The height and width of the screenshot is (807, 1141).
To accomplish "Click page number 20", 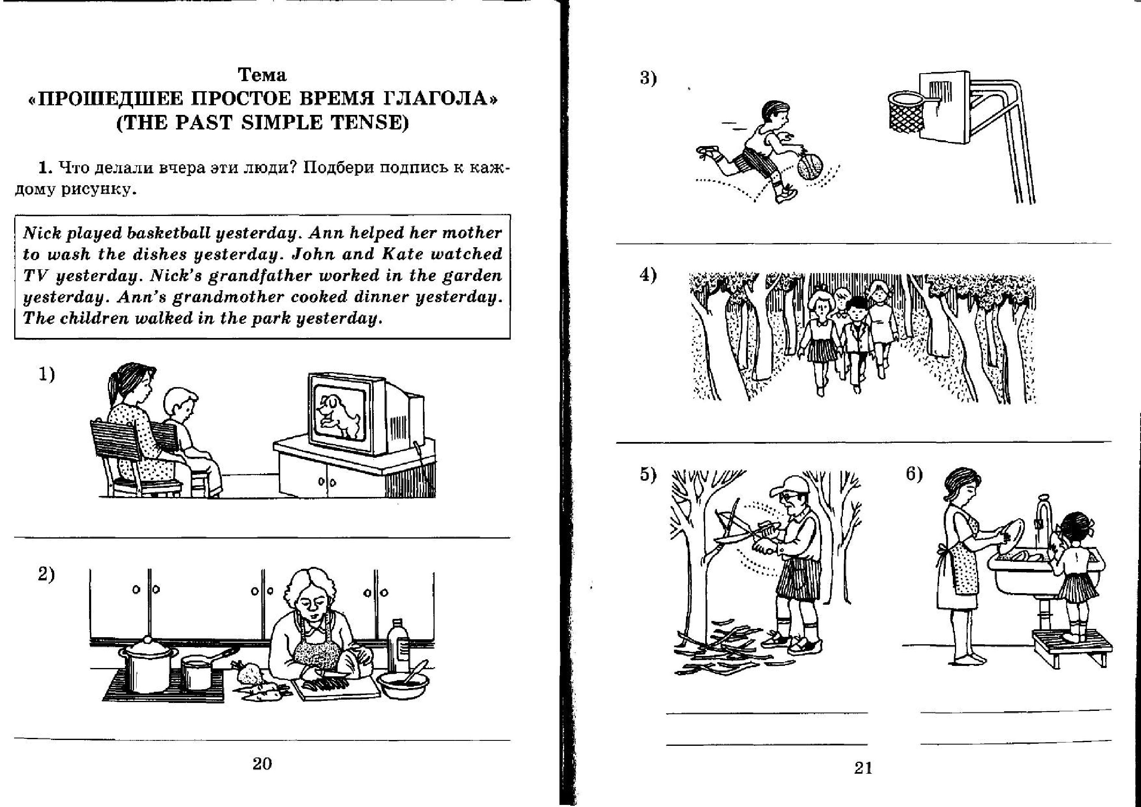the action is coord(262,763).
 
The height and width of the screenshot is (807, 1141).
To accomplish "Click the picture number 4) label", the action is coord(648,275).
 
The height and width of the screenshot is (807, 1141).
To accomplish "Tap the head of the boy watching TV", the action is coord(181,404).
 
